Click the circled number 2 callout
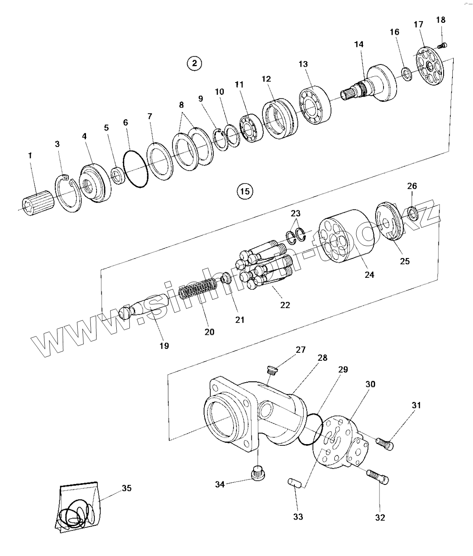pos(194,63)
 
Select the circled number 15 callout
pos(245,191)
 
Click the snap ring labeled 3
pos(68,193)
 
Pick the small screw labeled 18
pos(442,46)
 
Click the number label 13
pos(303,64)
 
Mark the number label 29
pos(343,369)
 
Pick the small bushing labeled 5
pos(117,176)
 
